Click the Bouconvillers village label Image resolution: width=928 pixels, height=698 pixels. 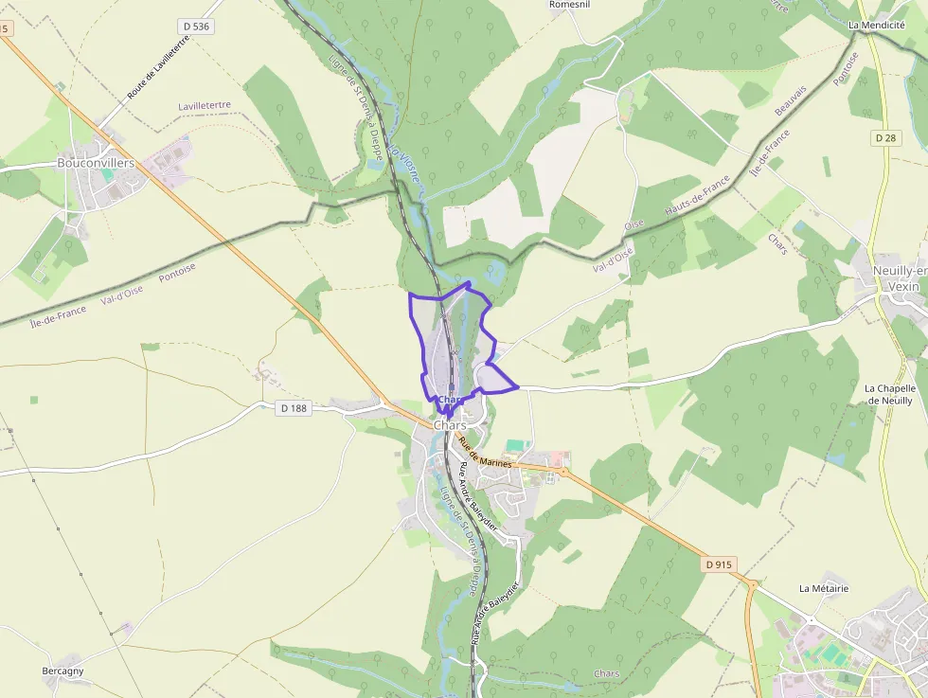96,163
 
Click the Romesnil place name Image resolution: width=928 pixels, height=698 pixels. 569,5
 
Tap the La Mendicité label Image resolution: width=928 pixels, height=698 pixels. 876,25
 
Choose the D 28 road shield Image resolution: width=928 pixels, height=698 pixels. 884,137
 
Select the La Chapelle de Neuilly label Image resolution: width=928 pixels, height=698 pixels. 889,394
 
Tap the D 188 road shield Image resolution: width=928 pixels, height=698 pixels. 294,408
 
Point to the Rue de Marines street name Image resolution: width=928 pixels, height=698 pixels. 484,453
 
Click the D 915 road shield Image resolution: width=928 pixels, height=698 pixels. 719,564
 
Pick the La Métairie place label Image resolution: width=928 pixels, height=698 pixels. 824,588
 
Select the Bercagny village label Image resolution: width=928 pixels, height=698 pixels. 62,671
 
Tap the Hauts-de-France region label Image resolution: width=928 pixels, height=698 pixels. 698,194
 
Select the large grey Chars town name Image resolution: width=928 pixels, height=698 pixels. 451,425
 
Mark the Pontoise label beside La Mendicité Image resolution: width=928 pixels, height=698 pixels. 846,68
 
